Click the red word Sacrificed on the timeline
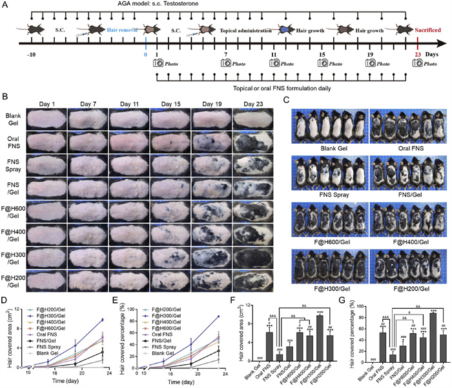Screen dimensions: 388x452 tap(427, 29)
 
